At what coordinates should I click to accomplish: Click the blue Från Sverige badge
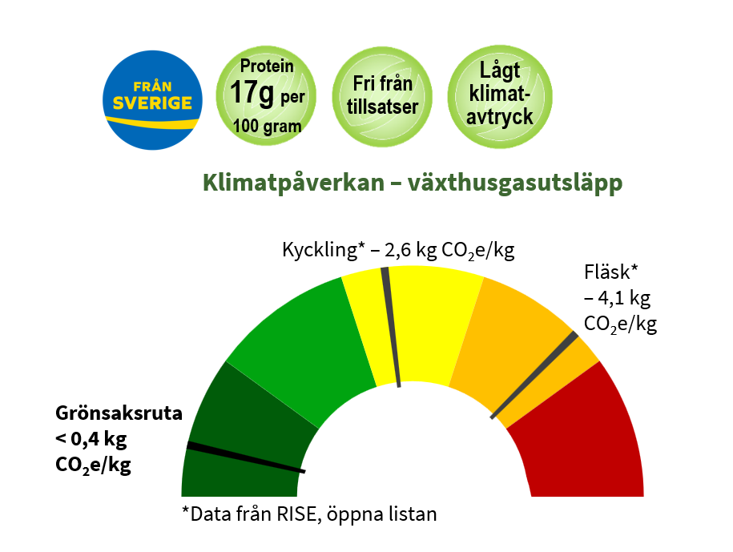(x=152, y=100)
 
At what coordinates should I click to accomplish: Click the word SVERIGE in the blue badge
(x=152, y=103)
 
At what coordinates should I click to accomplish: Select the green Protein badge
(x=266, y=96)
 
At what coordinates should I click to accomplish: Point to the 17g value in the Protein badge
(x=252, y=93)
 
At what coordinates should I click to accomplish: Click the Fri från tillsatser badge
(x=382, y=96)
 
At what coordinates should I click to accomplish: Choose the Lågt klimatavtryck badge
(x=500, y=96)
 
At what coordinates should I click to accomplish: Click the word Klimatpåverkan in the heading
(x=293, y=183)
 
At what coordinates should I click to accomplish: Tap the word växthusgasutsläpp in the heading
(x=515, y=183)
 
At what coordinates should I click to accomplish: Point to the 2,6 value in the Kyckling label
(x=398, y=250)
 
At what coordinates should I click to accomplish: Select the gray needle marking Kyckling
(x=391, y=327)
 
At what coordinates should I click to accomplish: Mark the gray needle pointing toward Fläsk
(x=534, y=375)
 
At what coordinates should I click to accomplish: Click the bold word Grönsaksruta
(x=119, y=413)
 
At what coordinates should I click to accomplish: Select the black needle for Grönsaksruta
(x=246, y=457)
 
